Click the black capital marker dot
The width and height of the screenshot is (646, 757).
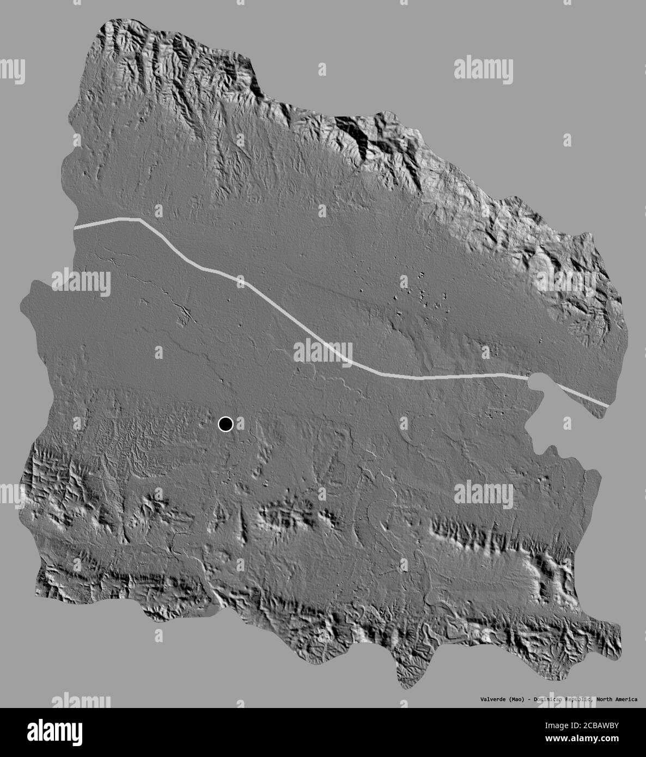tap(226, 424)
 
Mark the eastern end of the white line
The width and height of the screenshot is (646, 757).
tap(607, 405)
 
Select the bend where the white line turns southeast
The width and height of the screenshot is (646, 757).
tap(140, 219)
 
